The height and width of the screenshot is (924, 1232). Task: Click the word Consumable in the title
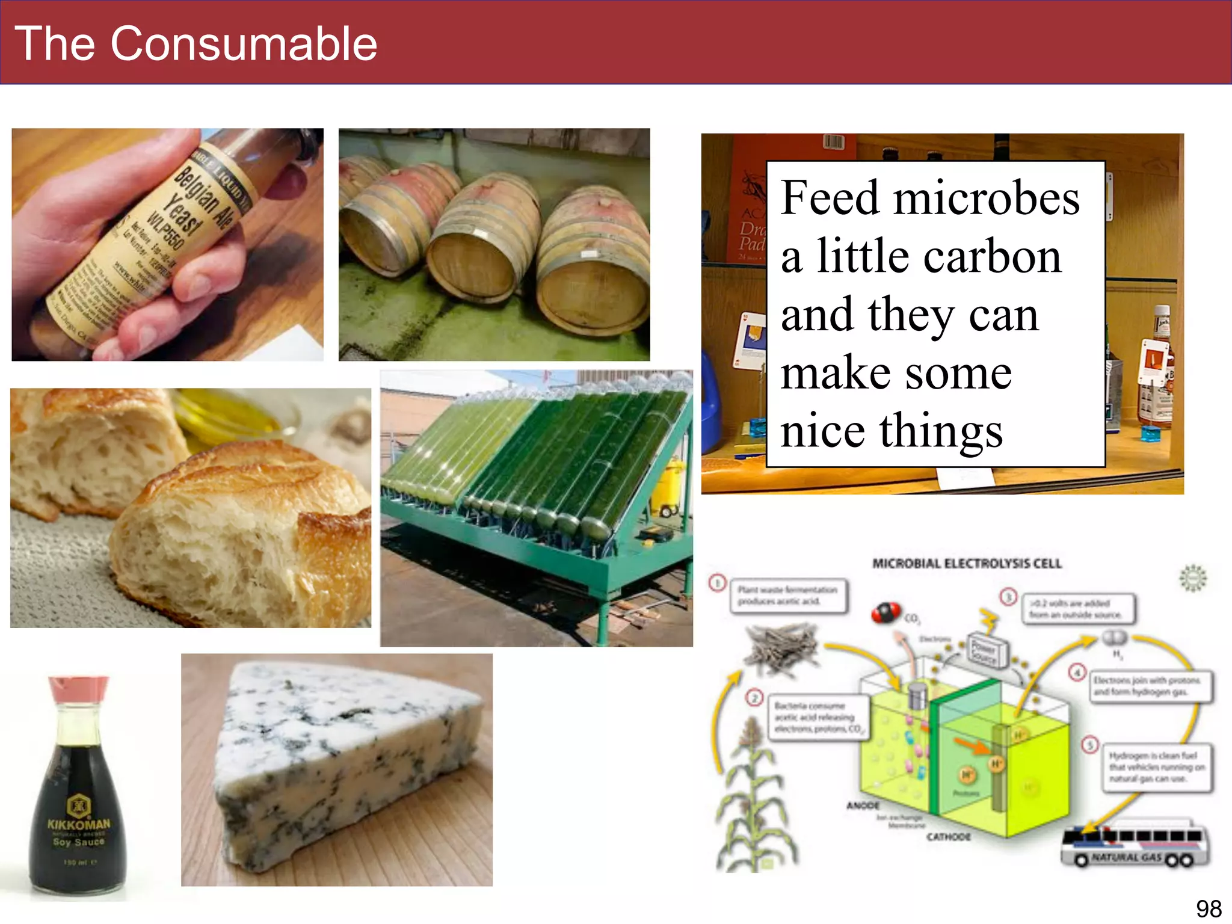244,44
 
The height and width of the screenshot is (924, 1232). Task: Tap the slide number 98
1208,908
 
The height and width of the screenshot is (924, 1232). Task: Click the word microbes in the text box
987,199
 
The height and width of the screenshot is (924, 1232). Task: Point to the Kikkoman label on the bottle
79,824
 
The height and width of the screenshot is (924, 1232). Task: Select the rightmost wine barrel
593,265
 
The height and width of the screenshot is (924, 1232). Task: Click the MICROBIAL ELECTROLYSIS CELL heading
967,564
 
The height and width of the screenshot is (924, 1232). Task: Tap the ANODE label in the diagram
863,805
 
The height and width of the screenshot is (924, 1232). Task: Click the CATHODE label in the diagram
948,837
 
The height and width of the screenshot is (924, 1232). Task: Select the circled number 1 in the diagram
717,583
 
